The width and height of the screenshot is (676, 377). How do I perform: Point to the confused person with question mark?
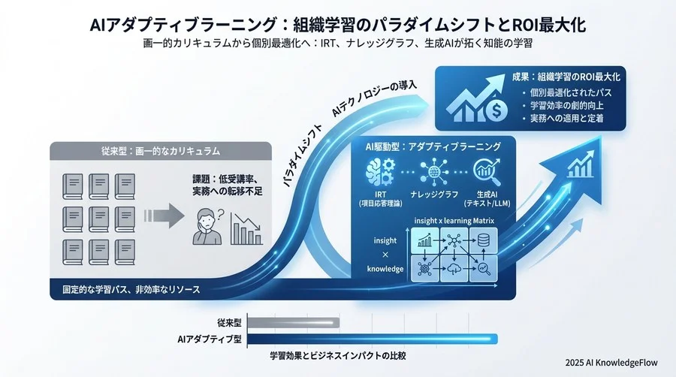pos(207,224)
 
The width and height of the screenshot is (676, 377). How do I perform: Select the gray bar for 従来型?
pos(292,323)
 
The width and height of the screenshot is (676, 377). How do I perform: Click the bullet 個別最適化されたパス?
pos(572,92)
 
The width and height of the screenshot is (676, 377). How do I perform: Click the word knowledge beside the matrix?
pos(382,269)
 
